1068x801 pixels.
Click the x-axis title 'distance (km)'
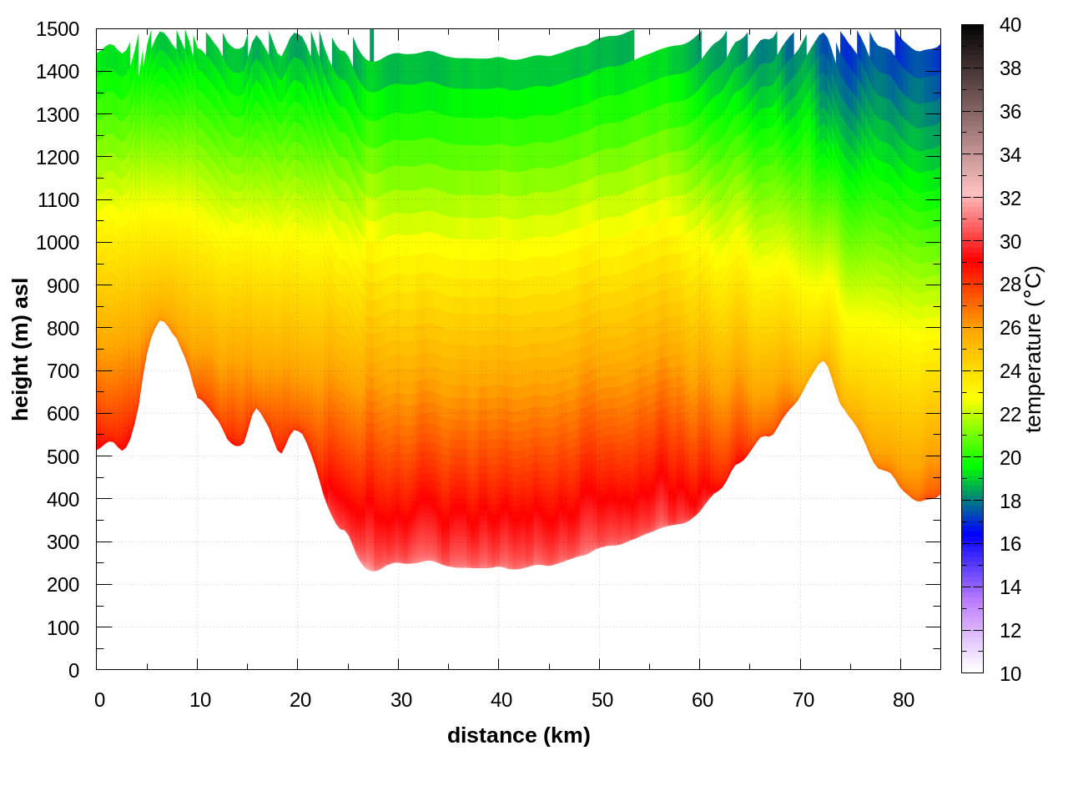[x=518, y=735]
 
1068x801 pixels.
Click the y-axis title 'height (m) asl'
[x=21, y=349]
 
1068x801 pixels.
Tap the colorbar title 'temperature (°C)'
[x=1034, y=349]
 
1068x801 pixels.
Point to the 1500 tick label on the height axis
[x=58, y=29]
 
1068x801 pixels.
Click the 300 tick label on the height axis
[x=63, y=542]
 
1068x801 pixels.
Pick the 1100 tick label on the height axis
[x=58, y=200]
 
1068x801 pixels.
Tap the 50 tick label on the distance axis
[x=602, y=700]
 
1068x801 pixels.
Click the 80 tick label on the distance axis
[x=904, y=700]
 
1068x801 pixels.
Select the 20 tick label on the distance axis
[x=300, y=700]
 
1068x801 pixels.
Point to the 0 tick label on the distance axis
[x=100, y=700]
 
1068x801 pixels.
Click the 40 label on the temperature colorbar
[x=1010, y=25]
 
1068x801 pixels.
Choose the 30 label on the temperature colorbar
[x=1010, y=242]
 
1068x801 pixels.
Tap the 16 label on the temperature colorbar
[x=1010, y=544]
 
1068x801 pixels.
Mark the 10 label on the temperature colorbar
[x=1010, y=674]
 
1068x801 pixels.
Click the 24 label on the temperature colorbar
[x=1010, y=370]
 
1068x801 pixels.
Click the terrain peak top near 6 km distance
[x=160, y=321]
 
